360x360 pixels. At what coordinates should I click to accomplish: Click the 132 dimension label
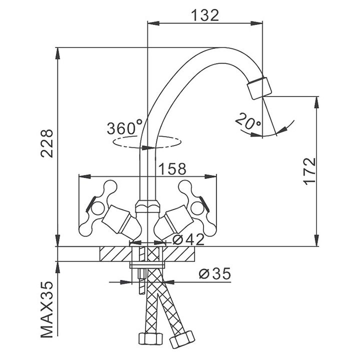205,15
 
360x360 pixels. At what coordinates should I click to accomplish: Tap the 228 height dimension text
46,143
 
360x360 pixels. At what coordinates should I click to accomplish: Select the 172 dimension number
310,172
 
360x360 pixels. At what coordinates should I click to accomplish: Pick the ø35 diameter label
213,274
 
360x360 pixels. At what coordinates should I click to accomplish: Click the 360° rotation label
124,128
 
